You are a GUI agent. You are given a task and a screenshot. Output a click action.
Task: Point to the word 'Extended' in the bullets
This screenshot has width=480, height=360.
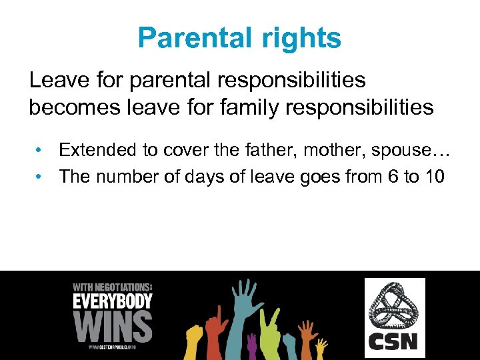[97, 150]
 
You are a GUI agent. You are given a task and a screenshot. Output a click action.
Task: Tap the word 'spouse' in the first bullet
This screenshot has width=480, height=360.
[399, 150]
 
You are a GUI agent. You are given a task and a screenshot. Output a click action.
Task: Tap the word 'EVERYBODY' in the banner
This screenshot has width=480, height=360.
[112, 301]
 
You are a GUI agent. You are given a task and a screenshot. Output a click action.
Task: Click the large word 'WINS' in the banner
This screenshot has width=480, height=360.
[112, 326]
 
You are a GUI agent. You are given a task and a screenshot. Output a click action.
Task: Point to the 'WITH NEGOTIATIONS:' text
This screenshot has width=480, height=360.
[112, 287]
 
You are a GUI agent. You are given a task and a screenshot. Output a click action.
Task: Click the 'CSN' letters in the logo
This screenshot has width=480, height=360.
[394, 341]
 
